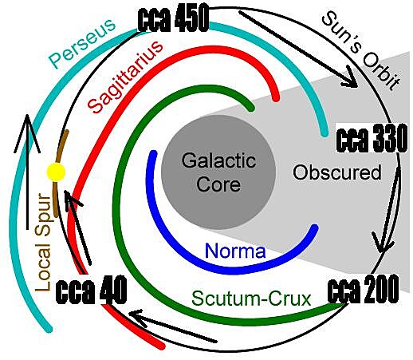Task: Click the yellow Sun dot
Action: (x=56, y=172)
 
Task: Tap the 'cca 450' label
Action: (x=173, y=19)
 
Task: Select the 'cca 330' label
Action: (x=372, y=138)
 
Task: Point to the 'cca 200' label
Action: (x=363, y=289)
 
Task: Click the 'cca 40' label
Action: (x=91, y=291)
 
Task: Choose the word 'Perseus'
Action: (x=83, y=43)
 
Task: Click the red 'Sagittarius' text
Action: (x=125, y=77)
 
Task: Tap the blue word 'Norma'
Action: (x=235, y=251)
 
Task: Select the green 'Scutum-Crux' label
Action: (x=251, y=299)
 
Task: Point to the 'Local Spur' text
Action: (x=44, y=242)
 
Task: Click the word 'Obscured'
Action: (x=337, y=172)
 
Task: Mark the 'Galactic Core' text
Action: (x=218, y=172)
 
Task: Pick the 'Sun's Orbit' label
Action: (x=361, y=51)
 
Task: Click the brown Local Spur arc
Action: (x=60, y=173)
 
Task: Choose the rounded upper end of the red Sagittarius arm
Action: (x=276, y=97)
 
